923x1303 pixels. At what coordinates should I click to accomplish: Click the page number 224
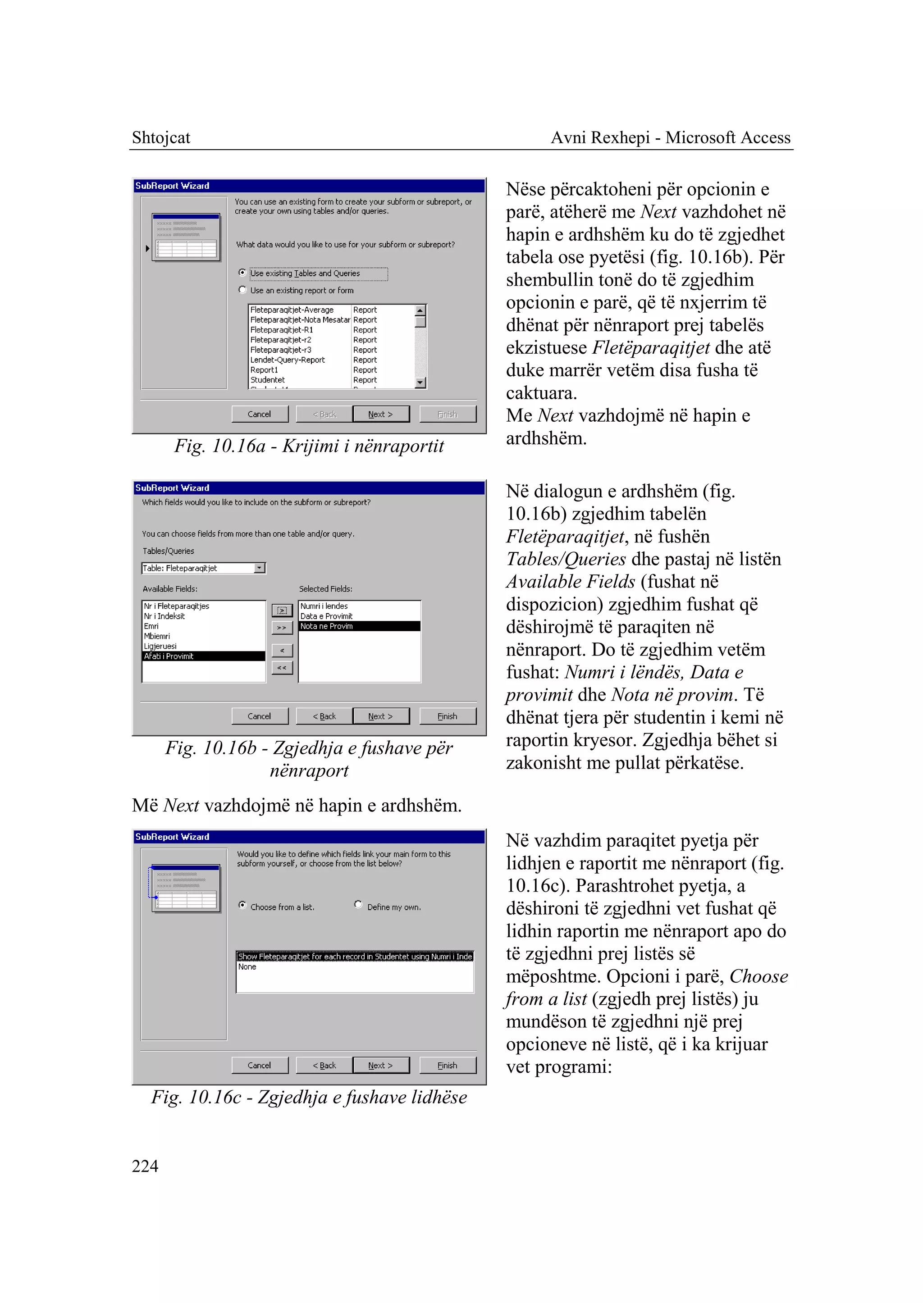coord(145,1166)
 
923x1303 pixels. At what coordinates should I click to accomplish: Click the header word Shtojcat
coord(161,137)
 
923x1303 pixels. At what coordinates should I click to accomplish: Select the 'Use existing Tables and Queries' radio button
coord(242,273)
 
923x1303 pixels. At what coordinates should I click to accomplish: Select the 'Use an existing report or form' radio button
coord(242,290)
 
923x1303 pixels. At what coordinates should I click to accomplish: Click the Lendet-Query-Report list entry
coord(288,360)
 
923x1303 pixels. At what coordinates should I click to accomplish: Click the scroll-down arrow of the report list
coord(420,383)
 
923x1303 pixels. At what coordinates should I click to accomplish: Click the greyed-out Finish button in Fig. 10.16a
coord(447,414)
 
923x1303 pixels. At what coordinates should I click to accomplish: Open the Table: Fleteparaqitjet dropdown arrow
coord(260,568)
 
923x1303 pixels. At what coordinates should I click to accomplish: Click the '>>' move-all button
coord(282,627)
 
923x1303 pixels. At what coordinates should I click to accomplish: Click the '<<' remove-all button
coord(282,667)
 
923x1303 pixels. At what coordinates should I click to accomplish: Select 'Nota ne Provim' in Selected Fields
coord(327,626)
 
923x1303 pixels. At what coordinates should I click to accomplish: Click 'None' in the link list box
coord(247,966)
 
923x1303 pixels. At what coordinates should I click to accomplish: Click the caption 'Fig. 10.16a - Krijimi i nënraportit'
coord(309,446)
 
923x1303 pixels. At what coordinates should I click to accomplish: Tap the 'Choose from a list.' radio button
coord(242,905)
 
